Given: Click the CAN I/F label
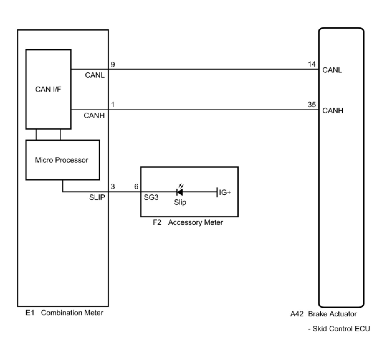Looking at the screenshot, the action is click(x=48, y=89).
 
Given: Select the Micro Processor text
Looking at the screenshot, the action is click(x=61, y=160).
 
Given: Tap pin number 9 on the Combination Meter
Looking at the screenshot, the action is click(x=113, y=64).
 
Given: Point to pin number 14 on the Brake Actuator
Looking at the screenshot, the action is click(x=312, y=64).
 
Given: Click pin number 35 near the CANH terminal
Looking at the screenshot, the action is click(x=312, y=105).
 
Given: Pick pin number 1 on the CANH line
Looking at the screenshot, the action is click(x=113, y=105).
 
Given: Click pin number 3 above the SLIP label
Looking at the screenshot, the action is click(x=113, y=187).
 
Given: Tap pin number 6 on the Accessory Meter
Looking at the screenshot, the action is click(x=136, y=187).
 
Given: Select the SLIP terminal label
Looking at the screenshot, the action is click(x=97, y=197).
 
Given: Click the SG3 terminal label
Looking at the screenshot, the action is click(x=151, y=197).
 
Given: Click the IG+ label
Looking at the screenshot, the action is click(x=225, y=192).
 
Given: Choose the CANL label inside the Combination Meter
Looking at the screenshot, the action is click(x=95, y=75).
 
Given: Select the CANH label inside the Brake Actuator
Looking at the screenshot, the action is click(x=333, y=111).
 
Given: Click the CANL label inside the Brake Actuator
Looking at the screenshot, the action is click(x=332, y=70).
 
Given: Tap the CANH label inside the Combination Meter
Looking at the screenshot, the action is click(x=94, y=116).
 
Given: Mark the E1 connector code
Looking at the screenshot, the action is click(x=30, y=313).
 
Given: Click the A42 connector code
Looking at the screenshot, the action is click(x=297, y=314).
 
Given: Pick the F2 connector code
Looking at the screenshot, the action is click(x=157, y=222).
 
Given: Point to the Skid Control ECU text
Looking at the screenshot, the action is click(x=339, y=329).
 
